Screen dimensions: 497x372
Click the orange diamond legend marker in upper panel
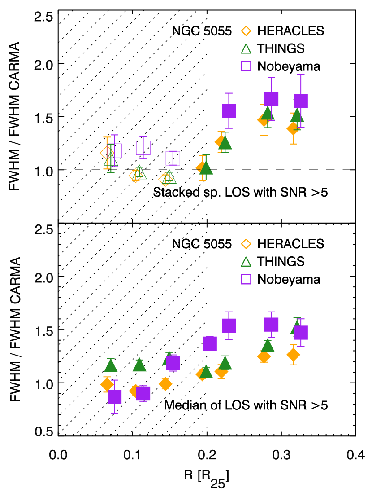246,31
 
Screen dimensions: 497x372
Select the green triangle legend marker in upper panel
246,49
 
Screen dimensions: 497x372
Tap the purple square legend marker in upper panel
246,66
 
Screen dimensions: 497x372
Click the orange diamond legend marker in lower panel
246,244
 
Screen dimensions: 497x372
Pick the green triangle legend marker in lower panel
246,262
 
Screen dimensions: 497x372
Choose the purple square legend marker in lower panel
246,279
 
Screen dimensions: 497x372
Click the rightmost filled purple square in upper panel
301,101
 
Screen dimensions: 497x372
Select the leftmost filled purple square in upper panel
229,111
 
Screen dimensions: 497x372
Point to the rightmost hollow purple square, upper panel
173,158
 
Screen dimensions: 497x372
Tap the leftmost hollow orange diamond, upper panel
107,153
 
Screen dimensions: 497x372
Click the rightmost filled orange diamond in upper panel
293,128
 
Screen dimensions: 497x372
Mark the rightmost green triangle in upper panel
297,115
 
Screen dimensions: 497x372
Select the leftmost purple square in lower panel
115,397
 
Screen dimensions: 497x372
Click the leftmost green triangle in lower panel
111,365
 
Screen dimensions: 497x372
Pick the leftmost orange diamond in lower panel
107,384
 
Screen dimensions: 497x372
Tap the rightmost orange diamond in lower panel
293,355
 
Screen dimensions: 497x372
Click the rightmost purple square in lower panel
301,333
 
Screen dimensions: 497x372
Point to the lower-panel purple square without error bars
210,343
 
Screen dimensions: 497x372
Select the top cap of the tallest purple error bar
301,75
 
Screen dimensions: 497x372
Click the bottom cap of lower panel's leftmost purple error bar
115,413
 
